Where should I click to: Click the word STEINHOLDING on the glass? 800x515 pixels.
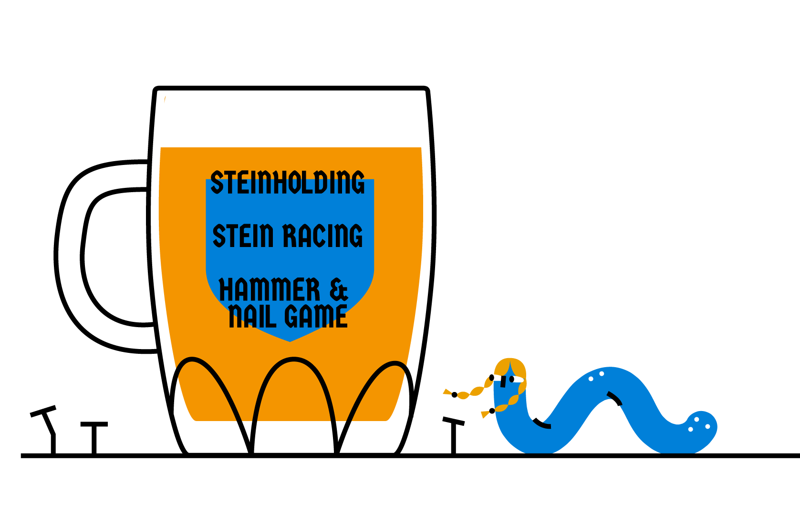[x=288, y=183]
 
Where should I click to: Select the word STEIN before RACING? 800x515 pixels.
[x=243, y=236]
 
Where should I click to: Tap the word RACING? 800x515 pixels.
[x=322, y=236]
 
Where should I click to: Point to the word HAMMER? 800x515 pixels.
[x=269, y=289]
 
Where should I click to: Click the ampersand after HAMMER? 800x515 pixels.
[x=339, y=289]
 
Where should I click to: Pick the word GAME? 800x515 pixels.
[x=316, y=316]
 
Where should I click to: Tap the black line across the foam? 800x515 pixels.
[x=292, y=88]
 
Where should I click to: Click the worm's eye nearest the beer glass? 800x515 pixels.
[x=492, y=378]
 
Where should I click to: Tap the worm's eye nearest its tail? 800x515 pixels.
[x=512, y=379]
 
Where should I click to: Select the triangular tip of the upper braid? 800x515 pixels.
[x=447, y=392]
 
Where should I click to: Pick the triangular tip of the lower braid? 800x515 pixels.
[x=485, y=414]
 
